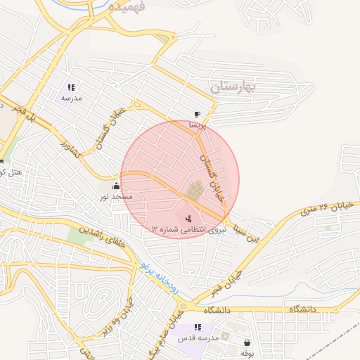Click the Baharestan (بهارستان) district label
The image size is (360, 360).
(x=234, y=86)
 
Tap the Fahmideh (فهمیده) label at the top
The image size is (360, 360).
(x=128, y=6)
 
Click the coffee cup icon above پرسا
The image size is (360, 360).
(x=197, y=115)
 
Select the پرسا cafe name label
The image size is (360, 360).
(x=198, y=125)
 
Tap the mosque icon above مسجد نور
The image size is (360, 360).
(x=116, y=186)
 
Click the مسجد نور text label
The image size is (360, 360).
(x=114, y=197)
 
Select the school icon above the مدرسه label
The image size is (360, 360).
(x=71, y=88)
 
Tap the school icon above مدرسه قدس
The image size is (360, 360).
(x=198, y=327)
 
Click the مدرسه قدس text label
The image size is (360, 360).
(x=198, y=338)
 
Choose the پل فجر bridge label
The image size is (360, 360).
(x=23, y=115)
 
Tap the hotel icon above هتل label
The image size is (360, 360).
(x=2, y=162)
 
